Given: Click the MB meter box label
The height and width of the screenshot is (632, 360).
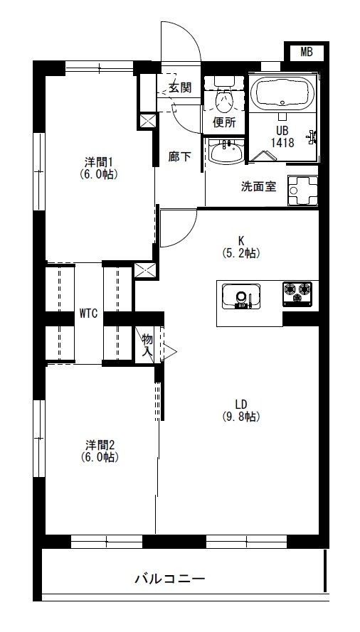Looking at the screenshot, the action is pos(307,52).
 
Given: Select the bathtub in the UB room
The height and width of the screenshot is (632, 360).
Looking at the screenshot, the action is pos(282,94).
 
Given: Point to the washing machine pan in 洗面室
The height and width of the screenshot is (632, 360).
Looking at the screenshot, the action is pos(302,191).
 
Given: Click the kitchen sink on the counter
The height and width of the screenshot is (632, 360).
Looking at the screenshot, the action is pos(241,296).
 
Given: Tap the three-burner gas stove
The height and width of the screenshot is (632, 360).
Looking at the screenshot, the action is pos(297,294).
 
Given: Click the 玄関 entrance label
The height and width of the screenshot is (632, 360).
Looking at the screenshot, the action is pos(180,87).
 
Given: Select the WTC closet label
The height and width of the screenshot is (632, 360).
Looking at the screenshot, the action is pos(88,314).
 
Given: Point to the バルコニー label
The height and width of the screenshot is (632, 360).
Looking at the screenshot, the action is pos(170,579).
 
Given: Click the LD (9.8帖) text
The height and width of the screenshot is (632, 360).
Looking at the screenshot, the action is pos(241,410).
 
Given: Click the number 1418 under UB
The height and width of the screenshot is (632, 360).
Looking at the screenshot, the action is pos(282,142).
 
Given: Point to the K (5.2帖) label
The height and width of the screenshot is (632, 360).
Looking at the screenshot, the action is pos(241,247).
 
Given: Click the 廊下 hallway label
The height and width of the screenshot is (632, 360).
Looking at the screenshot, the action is pos(179,157).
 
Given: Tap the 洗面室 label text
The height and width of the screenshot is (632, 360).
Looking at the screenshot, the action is pos(259,187).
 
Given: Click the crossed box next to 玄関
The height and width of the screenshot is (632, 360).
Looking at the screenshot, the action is pos(147,121).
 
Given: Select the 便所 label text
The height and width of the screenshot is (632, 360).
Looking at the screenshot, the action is pos(224,122).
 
